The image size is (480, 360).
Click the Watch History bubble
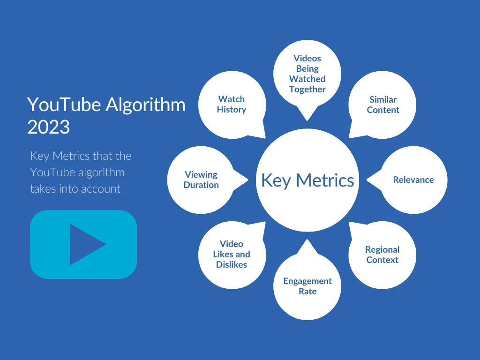point(232,104)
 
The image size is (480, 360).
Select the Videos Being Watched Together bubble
point(307,74)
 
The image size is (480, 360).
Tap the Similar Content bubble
point(383,105)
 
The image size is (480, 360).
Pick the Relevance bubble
point(413,180)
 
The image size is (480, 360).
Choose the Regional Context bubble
point(382,255)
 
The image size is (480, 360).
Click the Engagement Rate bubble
point(307,286)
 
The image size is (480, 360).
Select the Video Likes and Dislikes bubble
point(232,254)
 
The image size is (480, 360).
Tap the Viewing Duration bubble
point(201,180)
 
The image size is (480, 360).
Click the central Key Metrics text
point(307,180)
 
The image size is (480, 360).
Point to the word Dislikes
point(232,264)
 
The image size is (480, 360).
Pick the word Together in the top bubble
point(307,89)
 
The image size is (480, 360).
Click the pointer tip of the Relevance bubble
point(367,179)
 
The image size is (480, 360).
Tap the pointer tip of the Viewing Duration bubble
point(247,179)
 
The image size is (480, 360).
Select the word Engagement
point(307,281)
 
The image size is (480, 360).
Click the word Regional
point(382,249)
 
